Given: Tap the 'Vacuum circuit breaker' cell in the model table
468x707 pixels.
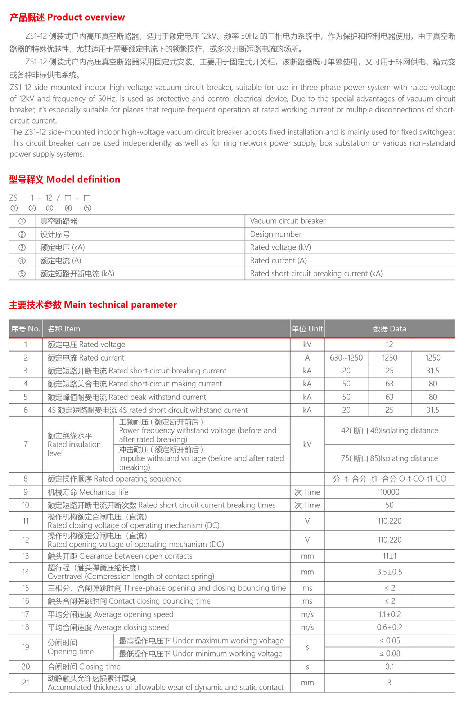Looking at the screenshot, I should (288, 221).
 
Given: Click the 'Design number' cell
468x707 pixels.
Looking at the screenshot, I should (275, 234).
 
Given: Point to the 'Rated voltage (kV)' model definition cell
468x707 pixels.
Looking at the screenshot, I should (280, 247).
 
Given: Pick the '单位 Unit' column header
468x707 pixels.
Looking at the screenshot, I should (307, 329).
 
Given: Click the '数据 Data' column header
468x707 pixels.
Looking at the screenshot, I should (389, 329).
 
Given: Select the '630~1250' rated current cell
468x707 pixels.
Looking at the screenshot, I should (346, 358).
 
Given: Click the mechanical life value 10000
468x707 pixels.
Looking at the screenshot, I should (389, 492).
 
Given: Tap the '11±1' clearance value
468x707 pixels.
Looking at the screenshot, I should (389, 556).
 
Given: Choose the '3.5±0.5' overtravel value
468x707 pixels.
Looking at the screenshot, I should (389, 572).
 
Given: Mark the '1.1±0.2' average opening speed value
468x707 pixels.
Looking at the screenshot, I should (389, 614).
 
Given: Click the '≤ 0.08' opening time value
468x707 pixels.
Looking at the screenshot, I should (389, 653).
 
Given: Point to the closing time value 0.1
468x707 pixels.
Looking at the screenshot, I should (389, 667).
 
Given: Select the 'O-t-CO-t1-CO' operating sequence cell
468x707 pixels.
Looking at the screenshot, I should (389, 479).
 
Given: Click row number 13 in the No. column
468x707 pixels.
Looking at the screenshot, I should (26, 556).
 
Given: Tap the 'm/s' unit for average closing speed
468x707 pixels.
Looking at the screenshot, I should (307, 627).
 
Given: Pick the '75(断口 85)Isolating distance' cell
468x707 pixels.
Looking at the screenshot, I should (389, 458).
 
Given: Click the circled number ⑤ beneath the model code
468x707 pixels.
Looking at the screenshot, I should (87, 208).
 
